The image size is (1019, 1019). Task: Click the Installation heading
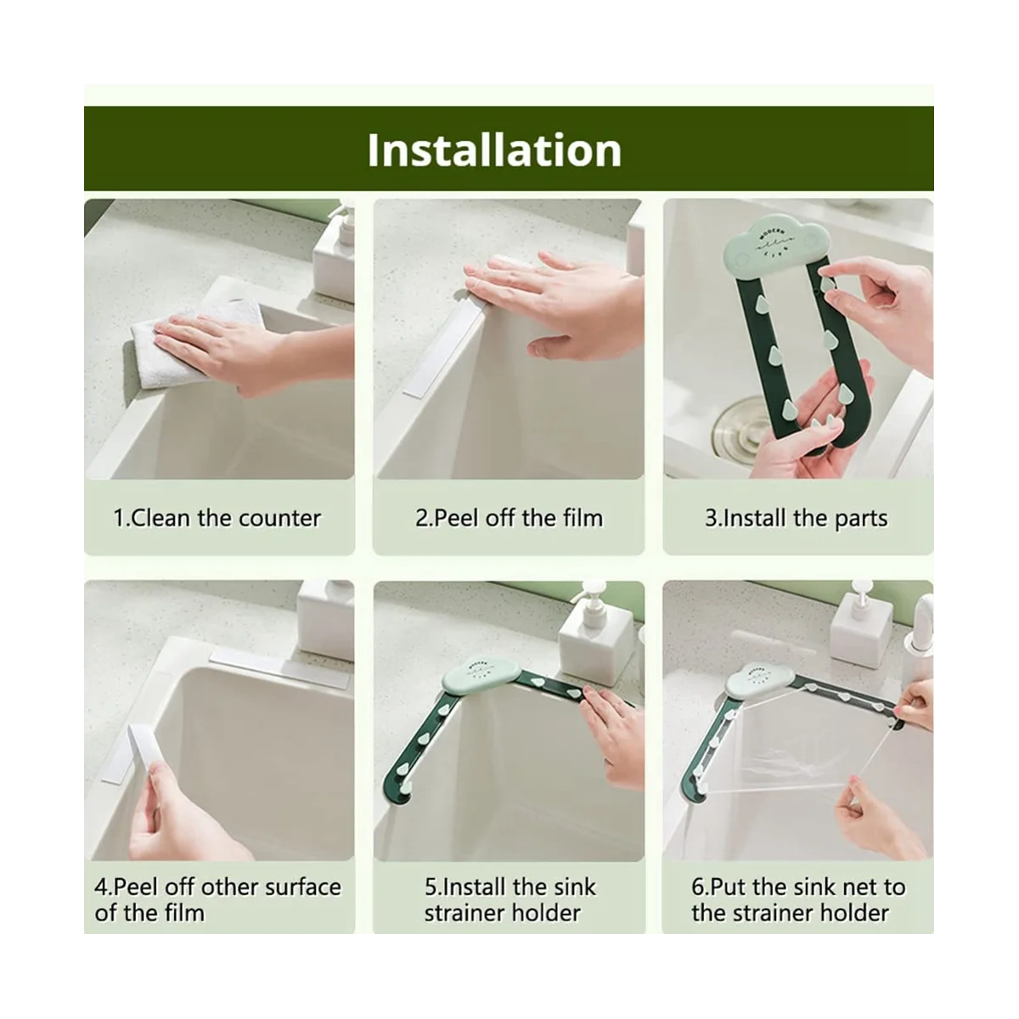[x=494, y=150]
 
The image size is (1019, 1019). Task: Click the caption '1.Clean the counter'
[x=217, y=518]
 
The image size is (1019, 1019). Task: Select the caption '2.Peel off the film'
[x=509, y=518]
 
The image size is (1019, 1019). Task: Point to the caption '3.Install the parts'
[x=797, y=519]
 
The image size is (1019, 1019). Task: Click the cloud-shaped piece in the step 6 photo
[x=759, y=682]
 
